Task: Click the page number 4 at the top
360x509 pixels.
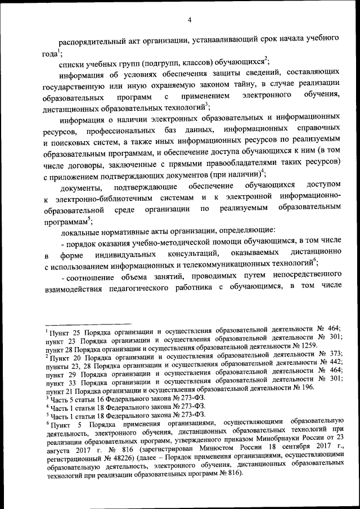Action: pos(190,21)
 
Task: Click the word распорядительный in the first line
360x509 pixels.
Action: pos(92,41)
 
